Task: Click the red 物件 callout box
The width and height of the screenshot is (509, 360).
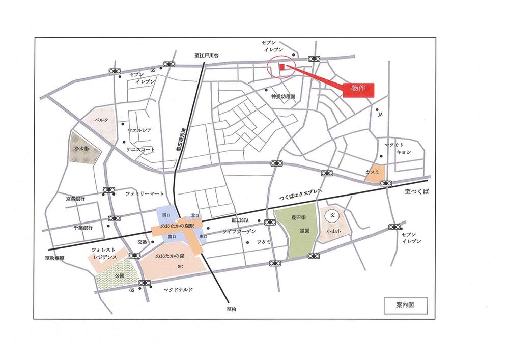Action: (358, 89)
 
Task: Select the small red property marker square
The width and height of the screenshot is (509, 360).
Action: (281, 67)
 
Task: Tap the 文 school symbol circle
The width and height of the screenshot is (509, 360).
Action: (332, 215)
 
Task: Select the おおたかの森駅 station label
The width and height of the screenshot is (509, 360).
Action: (179, 225)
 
